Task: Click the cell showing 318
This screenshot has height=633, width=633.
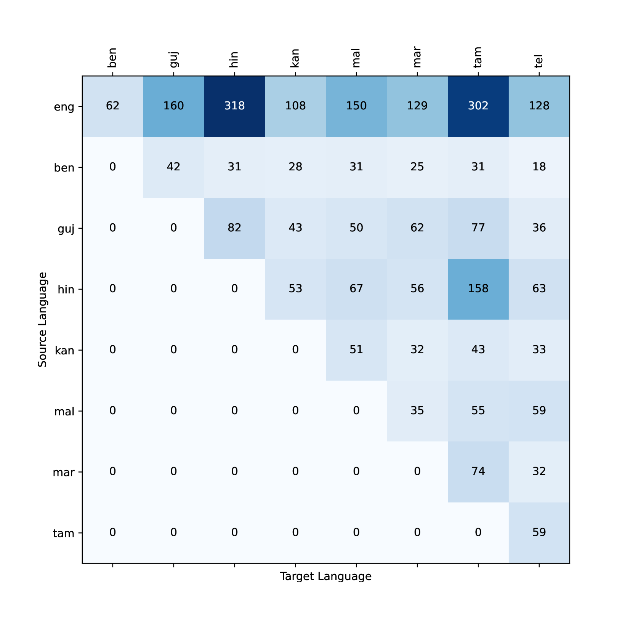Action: (234, 106)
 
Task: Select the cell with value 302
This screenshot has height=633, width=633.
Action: (478, 106)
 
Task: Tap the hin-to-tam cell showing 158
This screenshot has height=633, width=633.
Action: (478, 289)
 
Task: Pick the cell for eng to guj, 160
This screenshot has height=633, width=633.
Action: (173, 106)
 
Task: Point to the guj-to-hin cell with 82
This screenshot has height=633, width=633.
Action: (234, 228)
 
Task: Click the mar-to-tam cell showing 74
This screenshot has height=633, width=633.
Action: (478, 471)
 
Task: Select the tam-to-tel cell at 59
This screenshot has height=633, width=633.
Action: (539, 532)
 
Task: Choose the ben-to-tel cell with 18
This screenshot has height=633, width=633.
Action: (539, 167)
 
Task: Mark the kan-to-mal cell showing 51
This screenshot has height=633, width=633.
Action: (356, 350)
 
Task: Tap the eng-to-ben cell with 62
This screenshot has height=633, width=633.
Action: (113, 106)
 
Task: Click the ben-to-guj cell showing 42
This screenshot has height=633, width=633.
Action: (173, 167)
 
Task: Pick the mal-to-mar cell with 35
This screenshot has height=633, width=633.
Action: (417, 410)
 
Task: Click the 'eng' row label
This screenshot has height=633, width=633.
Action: (64, 107)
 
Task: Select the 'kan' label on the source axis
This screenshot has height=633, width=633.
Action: (64, 351)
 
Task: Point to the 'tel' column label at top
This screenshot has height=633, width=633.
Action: (538, 61)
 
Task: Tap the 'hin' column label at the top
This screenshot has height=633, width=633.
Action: (234, 59)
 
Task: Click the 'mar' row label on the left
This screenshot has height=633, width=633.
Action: (63, 473)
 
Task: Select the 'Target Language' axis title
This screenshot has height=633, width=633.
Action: (325, 576)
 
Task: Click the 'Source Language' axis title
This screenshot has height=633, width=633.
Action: (42, 319)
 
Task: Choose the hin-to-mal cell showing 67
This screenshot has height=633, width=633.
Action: (356, 289)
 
